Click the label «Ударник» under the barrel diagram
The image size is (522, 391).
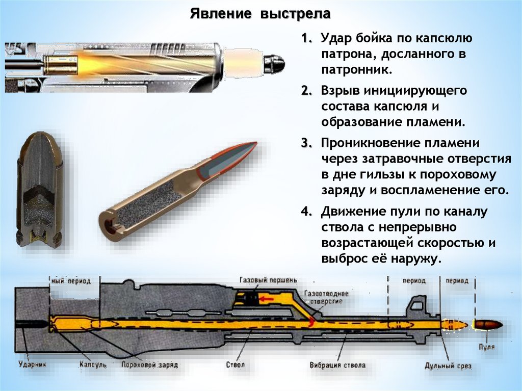(x=33, y=365)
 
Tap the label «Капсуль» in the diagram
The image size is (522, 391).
(x=93, y=365)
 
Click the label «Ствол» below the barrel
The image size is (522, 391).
(x=236, y=365)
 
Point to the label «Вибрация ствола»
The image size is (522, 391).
(x=337, y=365)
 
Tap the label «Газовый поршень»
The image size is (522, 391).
(x=268, y=280)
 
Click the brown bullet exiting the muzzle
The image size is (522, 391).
(x=488, y=325)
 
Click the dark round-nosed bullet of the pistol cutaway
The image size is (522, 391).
(x=276, y=63)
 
